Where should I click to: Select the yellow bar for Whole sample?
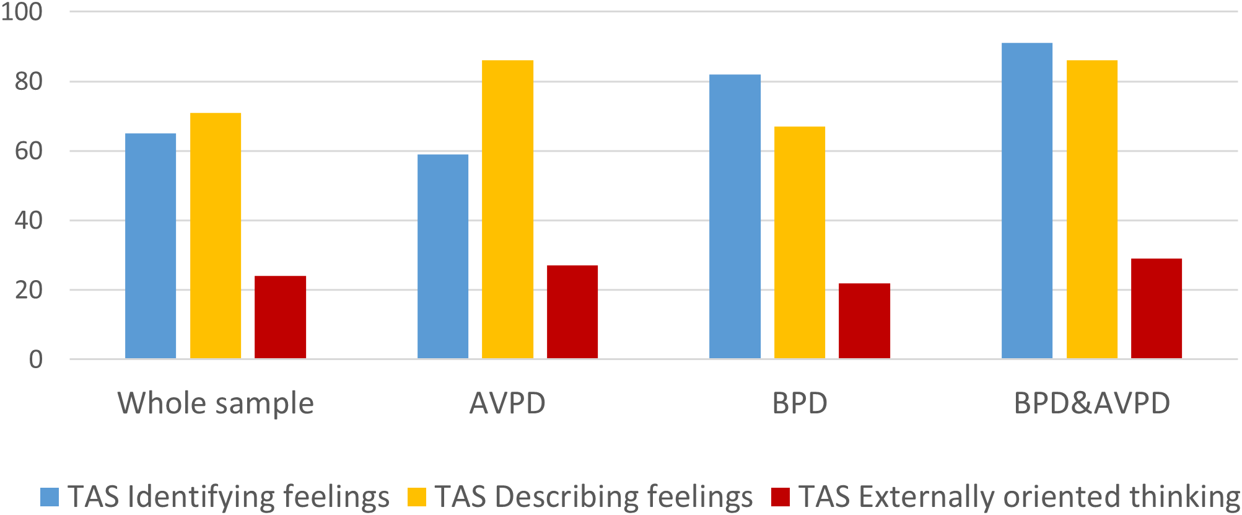pyautogui.click(x=216, y=235)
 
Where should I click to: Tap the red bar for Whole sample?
pyautogui.click(x=280, y=317)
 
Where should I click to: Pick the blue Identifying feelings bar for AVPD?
pyautogui.click(x=443, y=257)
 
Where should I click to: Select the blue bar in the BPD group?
pyautogui.click(x=735, y=216)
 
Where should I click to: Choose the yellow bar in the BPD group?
pyautogui.click(x=800, y=242)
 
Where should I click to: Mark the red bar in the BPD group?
pyautogui.click(x=864, y=321)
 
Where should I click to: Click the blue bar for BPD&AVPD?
pyautogui.click(x=1027, y=201)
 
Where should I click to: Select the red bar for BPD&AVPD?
pyautogui.click(x=1157, y=309)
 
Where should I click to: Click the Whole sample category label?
pyautogui.click(x=216, y=403)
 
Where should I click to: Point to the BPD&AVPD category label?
pyautogui.click(x=1091, y=403)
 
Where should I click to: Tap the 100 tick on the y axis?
pyautogui.click(x=22, y=12)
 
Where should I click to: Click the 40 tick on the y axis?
pyautogui.click(x=28, y=221)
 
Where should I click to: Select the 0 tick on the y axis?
pyautogui.click(x=36, y=359)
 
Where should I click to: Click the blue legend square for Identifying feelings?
pyautogui.click(x=50, y=497)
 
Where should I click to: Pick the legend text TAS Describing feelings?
pyautogui.click(x=593, y=497)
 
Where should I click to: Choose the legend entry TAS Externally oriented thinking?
pyautogui.click(x=1018, y=497)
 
